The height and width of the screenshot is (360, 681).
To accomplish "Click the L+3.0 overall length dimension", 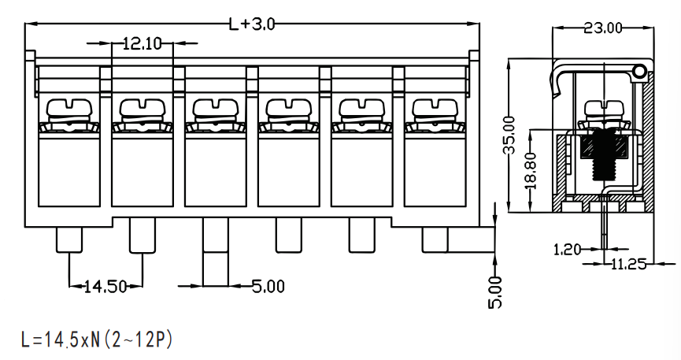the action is [x=253, y=24].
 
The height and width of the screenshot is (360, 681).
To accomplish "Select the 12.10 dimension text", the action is [x=142, y=43].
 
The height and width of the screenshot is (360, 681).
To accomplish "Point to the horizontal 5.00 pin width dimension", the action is [x=268, y=287].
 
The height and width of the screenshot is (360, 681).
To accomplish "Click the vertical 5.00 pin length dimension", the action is [x=495, y=292].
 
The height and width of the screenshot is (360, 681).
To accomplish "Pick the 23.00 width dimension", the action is [x=603, y=28].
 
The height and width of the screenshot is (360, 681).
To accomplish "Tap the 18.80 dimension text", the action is [x=531, y=170].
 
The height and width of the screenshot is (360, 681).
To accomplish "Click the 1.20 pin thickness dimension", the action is [x=567, y=250].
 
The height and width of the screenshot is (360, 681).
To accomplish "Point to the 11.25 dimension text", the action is [x=628, y=263].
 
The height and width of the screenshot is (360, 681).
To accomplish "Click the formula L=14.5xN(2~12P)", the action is [x=96, y=340].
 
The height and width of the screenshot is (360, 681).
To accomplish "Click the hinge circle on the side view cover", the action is [x=640, y=72].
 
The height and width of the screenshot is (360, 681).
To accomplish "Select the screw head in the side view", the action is [x=604, y=108].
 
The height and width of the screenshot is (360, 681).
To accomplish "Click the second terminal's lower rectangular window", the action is [x=142, y=169].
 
